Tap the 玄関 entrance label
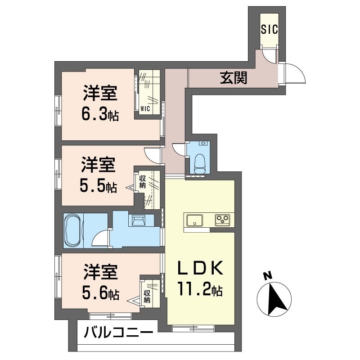(x=234, y=78)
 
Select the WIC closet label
(x=145, y=108)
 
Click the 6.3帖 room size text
(x=100, y=115)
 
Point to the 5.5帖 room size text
(x=99, y=186)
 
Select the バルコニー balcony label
(x=118, y=333)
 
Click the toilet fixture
(x=200, y=163)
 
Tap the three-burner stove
(x=221, y=220)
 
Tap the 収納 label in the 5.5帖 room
(x=142, y=181)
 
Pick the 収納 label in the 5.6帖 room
(x=147, y=296)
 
